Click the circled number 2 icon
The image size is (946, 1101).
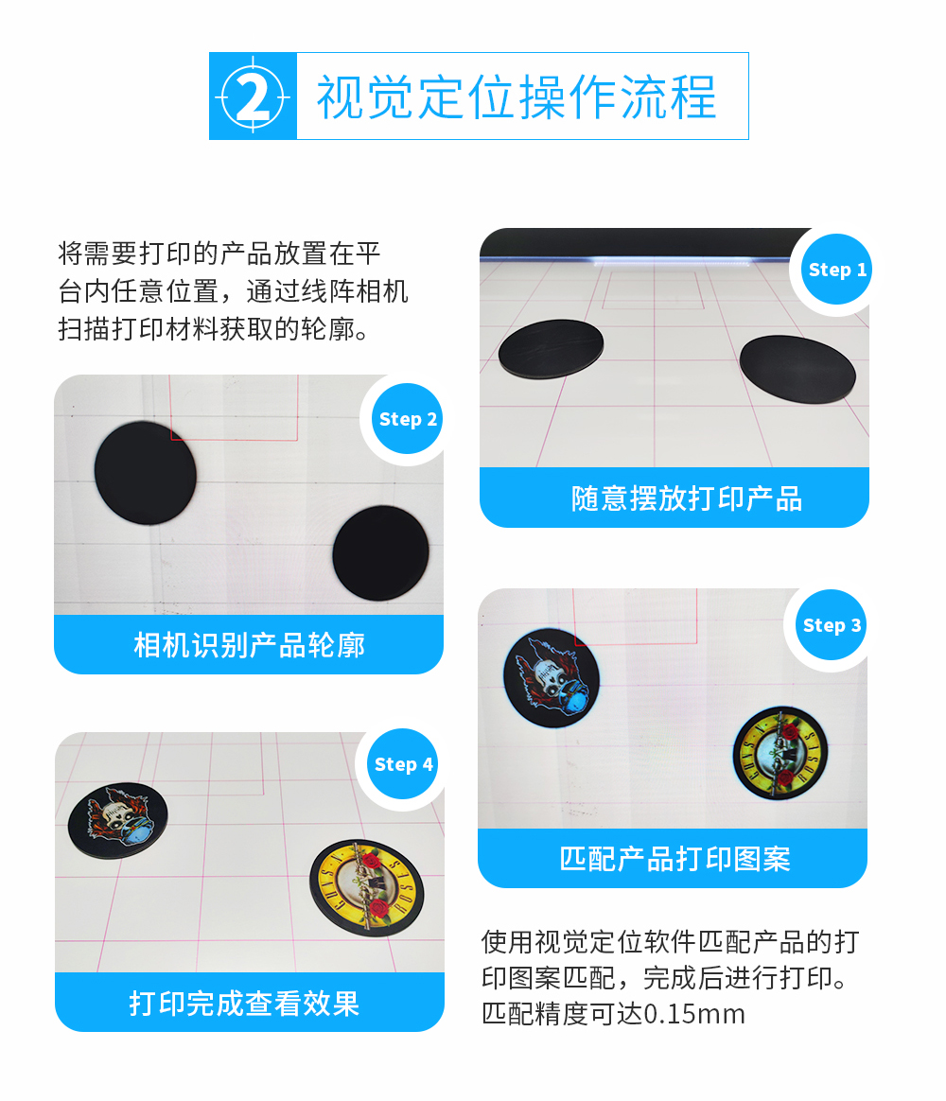(253, 96)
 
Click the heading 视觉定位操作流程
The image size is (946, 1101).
(517, 97)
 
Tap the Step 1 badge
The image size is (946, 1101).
(836, 271)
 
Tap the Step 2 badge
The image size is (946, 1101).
(408, 419)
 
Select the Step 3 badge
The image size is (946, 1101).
(831, 625)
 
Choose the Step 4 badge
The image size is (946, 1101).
(403, 764)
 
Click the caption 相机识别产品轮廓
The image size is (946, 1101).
(249, 645)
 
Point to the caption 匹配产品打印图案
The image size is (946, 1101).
(674, 859)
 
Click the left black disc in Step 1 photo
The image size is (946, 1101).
(552, 348)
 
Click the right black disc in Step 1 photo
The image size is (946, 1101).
(797, 369)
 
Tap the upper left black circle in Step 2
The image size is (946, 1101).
(146, 473)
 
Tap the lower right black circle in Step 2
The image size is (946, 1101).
(380, 553)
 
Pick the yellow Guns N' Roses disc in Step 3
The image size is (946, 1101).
(780, 753)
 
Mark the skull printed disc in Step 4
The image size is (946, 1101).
(118, 817)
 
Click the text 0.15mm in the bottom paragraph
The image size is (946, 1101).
(694, 1014)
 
